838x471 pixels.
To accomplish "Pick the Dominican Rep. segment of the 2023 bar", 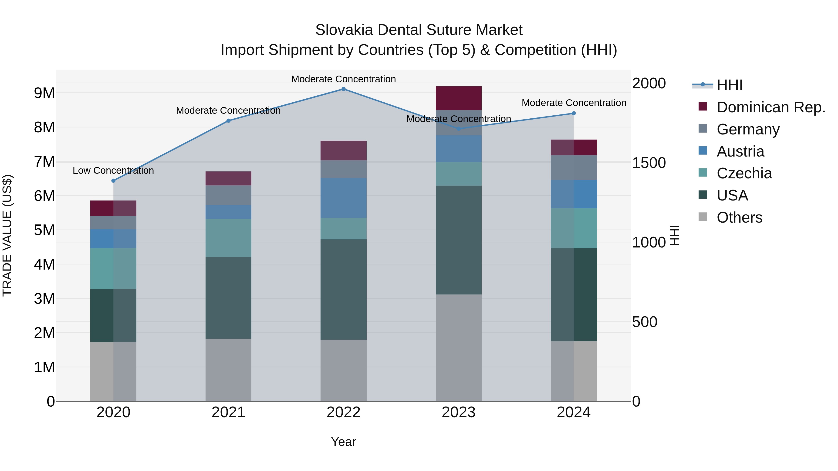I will (x=458, y=98).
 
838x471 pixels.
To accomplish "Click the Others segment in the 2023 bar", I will (x=458, y=347).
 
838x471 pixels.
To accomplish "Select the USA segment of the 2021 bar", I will (x=228, y=297).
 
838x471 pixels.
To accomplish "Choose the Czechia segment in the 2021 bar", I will (x=228, y=238).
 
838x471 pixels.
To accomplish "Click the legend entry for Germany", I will (x=748, y=129).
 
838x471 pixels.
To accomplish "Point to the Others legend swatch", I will (x=703, y=217).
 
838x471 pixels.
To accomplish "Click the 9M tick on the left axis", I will (x=44, y=93).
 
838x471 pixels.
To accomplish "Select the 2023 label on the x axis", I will (x=458, y=412).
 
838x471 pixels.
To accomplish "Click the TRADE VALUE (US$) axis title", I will (x=7, y=235).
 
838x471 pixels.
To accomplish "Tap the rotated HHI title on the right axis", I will (x=675, y=235).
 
